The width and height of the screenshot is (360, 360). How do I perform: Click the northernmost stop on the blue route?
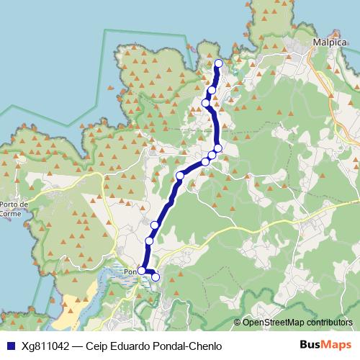(218, 63)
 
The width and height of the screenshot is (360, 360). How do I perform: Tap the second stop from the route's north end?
(212, 91)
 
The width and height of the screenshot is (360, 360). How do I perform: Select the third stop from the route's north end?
(206, 103)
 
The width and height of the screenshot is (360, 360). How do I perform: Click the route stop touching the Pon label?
(142, 271)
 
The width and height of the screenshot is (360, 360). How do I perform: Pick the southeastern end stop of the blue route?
(155, 276)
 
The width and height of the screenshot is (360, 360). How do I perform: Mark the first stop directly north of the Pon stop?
(150, 240)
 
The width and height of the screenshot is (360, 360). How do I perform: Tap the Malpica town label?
(326, 42)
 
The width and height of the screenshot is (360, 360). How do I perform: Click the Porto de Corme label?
(14, 208)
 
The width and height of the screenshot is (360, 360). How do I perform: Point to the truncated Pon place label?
(130, 271)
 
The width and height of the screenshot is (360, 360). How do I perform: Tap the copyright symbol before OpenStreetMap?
(238, 322)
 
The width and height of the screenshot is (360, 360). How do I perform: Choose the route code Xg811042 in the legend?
(45, 346)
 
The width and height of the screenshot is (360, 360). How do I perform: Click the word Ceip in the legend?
(96, 346)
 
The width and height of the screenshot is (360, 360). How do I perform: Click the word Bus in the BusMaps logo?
(310, 346)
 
